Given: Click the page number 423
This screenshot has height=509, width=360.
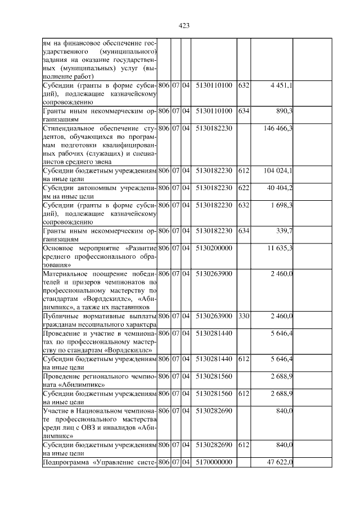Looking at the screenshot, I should point(183,25).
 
